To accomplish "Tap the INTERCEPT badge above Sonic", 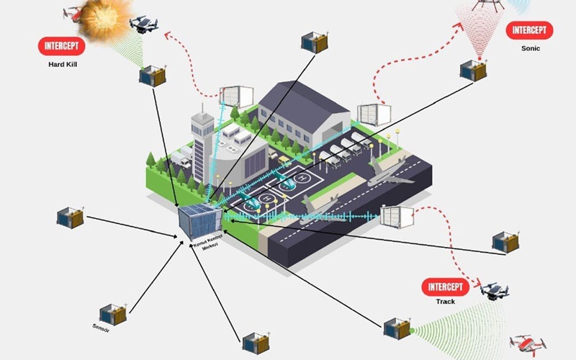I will click(529, 31).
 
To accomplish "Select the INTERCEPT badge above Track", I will click(445, 286).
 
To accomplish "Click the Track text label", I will click(445, 302).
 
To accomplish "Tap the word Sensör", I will click(101, 328).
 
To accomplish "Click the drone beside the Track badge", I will click(495, 289).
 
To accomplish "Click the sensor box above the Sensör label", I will click(113, 312).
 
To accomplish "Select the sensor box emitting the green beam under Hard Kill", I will click(152, 75).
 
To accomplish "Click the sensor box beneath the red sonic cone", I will click(472, 70).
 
